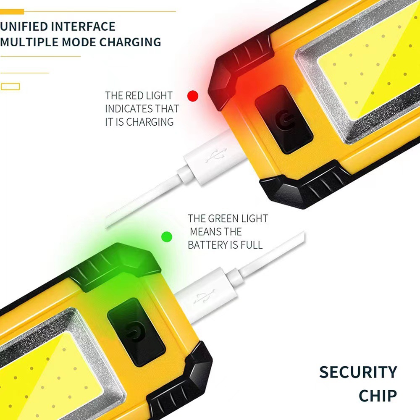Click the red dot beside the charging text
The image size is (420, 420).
pos(193,96)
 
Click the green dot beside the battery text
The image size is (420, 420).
pos(167,237)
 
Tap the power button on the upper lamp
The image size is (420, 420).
pos(284,119)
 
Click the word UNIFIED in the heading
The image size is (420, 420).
pos(24,26)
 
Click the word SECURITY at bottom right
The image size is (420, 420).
pos(358,373)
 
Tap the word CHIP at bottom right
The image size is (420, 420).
pos(378,396)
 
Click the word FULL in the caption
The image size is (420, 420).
pos(251,245)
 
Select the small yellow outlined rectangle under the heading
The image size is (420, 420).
pos(10,87)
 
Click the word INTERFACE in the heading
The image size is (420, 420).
pos(83,26)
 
